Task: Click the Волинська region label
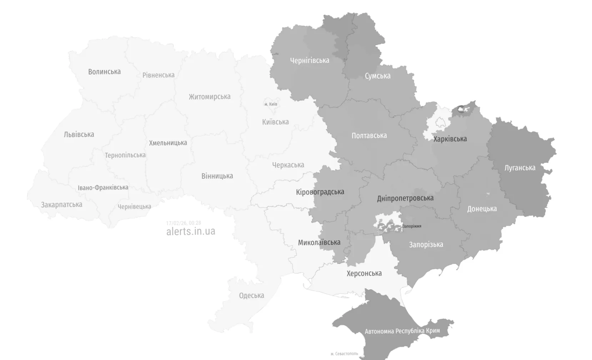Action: pyautogui.click(x=104, y=72)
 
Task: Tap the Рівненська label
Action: pyautogui.click(x=158, y=75)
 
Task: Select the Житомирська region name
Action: pyautogui.click(x=210, y=97)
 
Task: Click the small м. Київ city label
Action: pyautogui.click(x=271, y=104)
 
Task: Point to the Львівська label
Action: pyautogui.click(x=79, y=135)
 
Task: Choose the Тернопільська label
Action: pyautogui.click(x=125, y=155)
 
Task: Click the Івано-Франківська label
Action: pyautogui.click(x=103, y=188)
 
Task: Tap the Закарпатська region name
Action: pyautogui.click(x=61, y=205)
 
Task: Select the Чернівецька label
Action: pyautogui.click(x=134, y=207)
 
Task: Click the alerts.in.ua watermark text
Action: pyautogui.click(x=191, y=231)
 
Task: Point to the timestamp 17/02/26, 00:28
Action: pyautogui.click(x=184, y=223)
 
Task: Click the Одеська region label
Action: pyautogui.click(x=251, y=295)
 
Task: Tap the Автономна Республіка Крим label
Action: pyautogui.click(x=402, y=331)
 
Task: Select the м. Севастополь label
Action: pyautogui.click(x=344, y=354)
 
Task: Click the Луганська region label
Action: pyautogui.click(x=520, y=168)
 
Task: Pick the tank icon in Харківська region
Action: pyautogui.click(x=461, y=109)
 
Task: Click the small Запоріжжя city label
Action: pyautogui.click(x=412, y=226)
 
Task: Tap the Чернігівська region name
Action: pyautogui.click(x=309, y=60)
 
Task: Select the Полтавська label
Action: pyautogui.click(x=369, y=136)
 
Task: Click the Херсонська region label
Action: pyautogui.click(x=364, y=273)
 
